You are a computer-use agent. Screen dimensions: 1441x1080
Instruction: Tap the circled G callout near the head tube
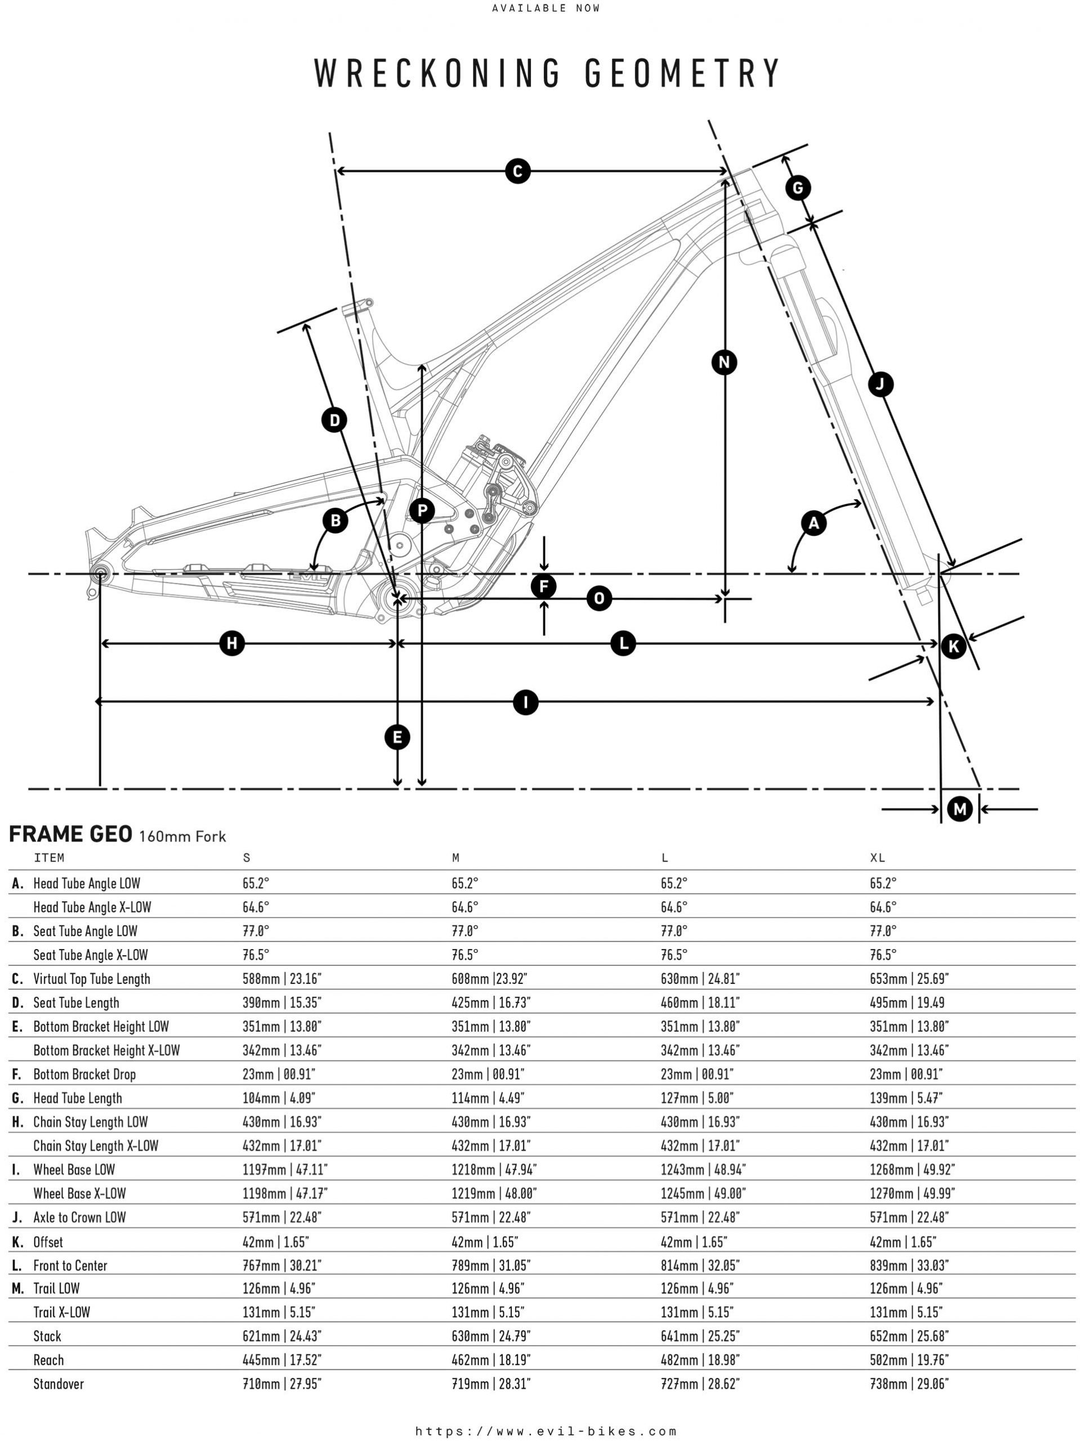pyautogui.click(x=798, y=188)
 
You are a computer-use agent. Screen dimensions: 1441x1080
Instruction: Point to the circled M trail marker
pyautogui.click(x=959, y=809)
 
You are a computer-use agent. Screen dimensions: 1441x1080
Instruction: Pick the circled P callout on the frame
pyautogui.click(x=422, y=510)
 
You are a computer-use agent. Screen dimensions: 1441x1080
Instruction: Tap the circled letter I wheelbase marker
pyautogui.click(x=525, y=702)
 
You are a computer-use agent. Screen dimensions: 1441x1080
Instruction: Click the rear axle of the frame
pyautogui.click(x=100, y=573)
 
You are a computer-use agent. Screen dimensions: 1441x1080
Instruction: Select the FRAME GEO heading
pyautogui.click(x=70, y=835)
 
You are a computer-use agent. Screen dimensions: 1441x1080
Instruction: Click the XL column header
pyautogui.click(x=877, y=858)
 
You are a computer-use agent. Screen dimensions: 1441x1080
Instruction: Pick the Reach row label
pyautogui.click(x=49, y=1359)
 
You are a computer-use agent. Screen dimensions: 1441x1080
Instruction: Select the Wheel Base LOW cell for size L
pyautogui.click(x=703, y=1169)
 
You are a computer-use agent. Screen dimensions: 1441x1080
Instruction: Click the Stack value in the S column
pyautogui.click(x=282, y=1336)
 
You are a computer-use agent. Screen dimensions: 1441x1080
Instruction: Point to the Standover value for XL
pyautogui.click(x=909, y=1384)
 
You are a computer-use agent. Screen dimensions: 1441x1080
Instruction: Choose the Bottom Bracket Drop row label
pyautogui.click(x=84, y=1074)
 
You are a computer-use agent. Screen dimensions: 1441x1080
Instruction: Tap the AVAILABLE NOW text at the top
pyautogui.click(x=546, y=8)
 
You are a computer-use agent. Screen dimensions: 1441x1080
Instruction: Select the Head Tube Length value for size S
pyautogui.click(x=278, y=1098)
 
